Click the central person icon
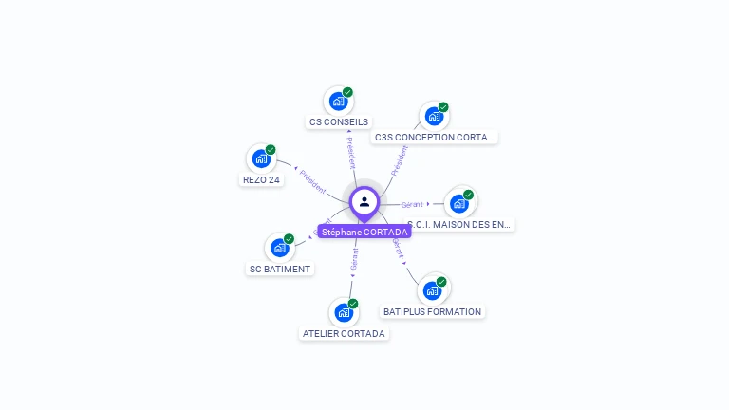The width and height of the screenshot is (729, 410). [x=364, y=201]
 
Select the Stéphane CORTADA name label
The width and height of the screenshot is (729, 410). [x=364, y=232]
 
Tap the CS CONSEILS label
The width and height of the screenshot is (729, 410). [x=339, y=122]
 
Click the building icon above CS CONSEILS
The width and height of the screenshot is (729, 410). [x=338, y=101]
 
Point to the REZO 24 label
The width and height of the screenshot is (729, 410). [x=262, y=180]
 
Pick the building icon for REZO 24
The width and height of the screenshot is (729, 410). [x=261, y=158]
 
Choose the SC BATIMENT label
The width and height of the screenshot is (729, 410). [x=280, y=269]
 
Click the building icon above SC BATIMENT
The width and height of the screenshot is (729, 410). [x=279, y=248]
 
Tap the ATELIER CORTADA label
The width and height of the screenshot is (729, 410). [x=344, y=334]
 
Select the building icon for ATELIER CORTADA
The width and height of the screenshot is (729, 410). [x=344, y=312]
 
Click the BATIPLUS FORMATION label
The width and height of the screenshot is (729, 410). [x=433, y=311]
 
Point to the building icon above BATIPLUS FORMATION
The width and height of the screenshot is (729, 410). [x=432, y=290]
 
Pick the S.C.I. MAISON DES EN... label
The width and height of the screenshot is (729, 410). [x=460, y=225]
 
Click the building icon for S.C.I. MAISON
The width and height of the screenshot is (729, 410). [x=459, y=203]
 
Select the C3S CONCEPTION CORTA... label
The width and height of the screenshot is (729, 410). [x=435, y=138]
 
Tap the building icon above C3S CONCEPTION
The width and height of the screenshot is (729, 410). [x=434, y=116]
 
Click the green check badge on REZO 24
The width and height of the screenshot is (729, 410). [x=271, y=150]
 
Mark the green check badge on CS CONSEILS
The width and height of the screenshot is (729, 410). [x=347, y=92]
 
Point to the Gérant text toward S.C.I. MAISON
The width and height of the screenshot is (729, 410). [x=412, y=204]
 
